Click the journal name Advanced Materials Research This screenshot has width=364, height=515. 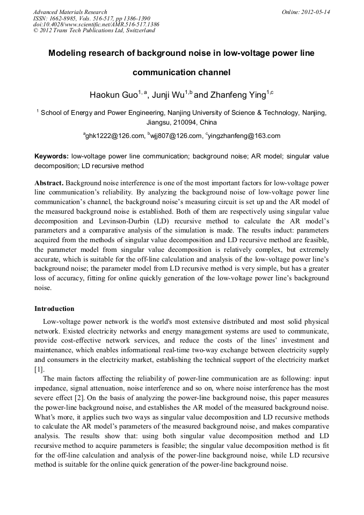[70, 12]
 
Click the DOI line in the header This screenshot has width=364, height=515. [96, 25]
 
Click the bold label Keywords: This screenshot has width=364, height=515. [52, 156]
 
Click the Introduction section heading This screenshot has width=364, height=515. [54, 309]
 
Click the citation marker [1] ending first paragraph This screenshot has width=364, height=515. [39, 369]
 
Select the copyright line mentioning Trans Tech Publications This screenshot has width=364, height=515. [94, 31]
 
